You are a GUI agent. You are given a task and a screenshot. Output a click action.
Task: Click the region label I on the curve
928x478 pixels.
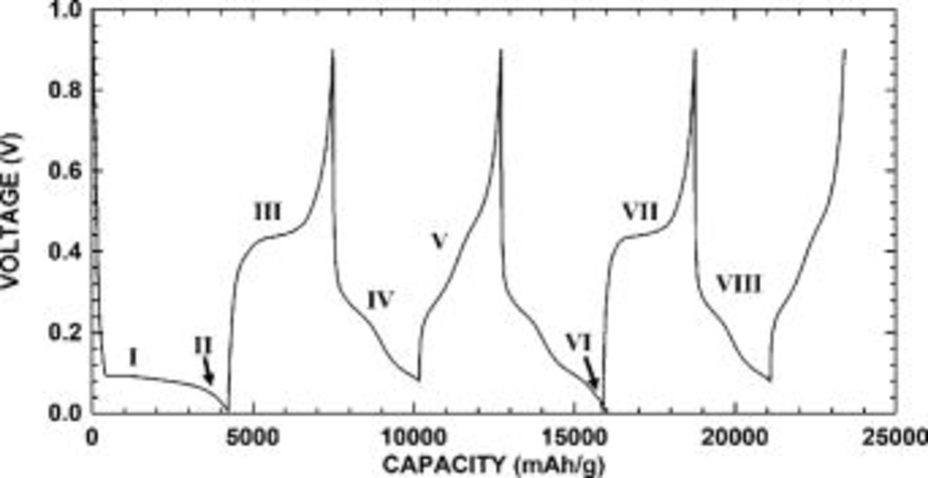pyautogui.click(x=133, y=357)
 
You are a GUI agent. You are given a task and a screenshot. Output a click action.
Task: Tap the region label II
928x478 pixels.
pyautogui.click(x=203, y=345)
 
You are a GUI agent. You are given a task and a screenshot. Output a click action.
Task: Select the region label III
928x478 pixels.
pyautogui.click(x=268, y=212)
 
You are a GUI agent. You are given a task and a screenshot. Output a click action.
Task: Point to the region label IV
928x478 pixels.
pyautogui.click(x=380, y=299)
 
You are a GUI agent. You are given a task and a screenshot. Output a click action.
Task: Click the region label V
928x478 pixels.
pyautogui.click(x=439, y=241)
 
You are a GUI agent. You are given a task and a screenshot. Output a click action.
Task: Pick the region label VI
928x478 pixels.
pyautogui.click(x=578, y=342)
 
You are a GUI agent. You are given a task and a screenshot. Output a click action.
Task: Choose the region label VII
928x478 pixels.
pyautogui.click(x=640, y=212)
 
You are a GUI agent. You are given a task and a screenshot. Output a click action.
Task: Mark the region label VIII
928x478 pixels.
pyautogui.click(x=739, y=284)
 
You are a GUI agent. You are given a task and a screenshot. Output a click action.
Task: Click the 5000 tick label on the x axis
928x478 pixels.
pyautogui.click(x=253, y=438)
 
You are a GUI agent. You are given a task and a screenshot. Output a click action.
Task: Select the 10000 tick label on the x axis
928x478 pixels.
pyautogui.click(x=413, y=438)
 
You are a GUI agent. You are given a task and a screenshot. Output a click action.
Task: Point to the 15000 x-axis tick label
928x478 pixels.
pyautogui.click(x=574, y=438)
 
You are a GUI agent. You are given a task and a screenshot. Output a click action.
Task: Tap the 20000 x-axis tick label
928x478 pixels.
pyautogui.click(x=734, y=438)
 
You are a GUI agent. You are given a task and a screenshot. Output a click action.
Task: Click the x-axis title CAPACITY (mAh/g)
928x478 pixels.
pyautogui.click(x=493, y=465)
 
